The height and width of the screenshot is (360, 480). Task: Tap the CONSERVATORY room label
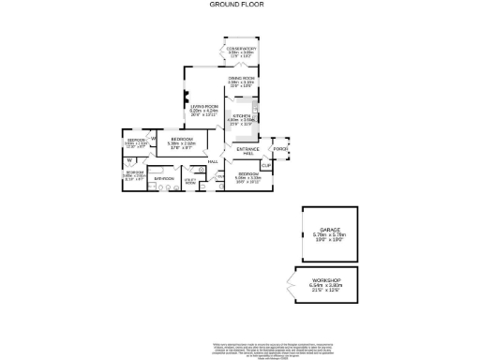(242, 49)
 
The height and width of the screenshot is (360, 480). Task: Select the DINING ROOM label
(242, 78)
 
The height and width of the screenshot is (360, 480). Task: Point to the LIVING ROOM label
(204, 107)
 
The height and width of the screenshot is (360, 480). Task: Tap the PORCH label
(279, 149)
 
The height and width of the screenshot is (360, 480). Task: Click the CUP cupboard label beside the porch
(265, 165)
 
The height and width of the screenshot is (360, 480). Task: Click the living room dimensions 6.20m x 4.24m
(204, 112)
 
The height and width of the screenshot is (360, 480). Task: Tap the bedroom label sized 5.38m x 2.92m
(182, 143)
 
